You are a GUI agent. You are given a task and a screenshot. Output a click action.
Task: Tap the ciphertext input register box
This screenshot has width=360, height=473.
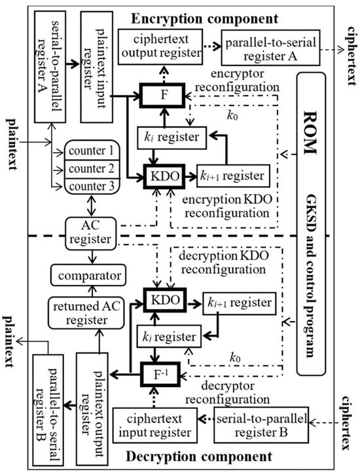pos(153,425)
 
